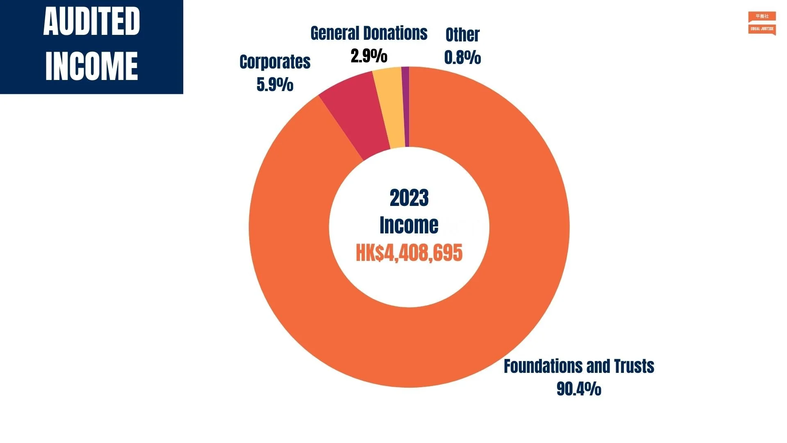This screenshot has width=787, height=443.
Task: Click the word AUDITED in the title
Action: pyautogui.click(x=91, y=22)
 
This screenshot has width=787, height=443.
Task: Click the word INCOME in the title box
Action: pyautogui.click(x=91, y=66)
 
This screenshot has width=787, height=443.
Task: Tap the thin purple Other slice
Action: pyautogui.click(x=405, y=107)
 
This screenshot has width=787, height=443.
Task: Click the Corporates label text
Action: pyautogui.click(x=275, y=62)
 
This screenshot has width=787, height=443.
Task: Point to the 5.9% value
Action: pyautogui.click(x=275, y=84)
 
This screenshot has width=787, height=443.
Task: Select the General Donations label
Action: pyautogui.click(x=368, y=33)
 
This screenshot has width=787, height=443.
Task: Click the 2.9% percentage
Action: pyautogui.click(x=368, y=56)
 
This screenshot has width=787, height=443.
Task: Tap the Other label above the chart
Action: pyautogui.click(x=462, y=35)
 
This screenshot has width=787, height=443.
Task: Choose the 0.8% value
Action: pyautogui.click(x=462, y=57)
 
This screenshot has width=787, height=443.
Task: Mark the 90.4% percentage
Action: pyautogui.click(x=579, y=388)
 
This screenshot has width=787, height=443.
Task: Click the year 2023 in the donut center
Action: pyautogui.click(x=409, y=198)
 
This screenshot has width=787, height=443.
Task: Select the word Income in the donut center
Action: pyautogui.click(x=409, y=225)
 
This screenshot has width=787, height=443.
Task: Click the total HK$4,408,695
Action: pyautogui.click(x=409, y=253)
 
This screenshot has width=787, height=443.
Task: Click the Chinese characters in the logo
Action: pyautogui.click(x=762, y=16)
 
